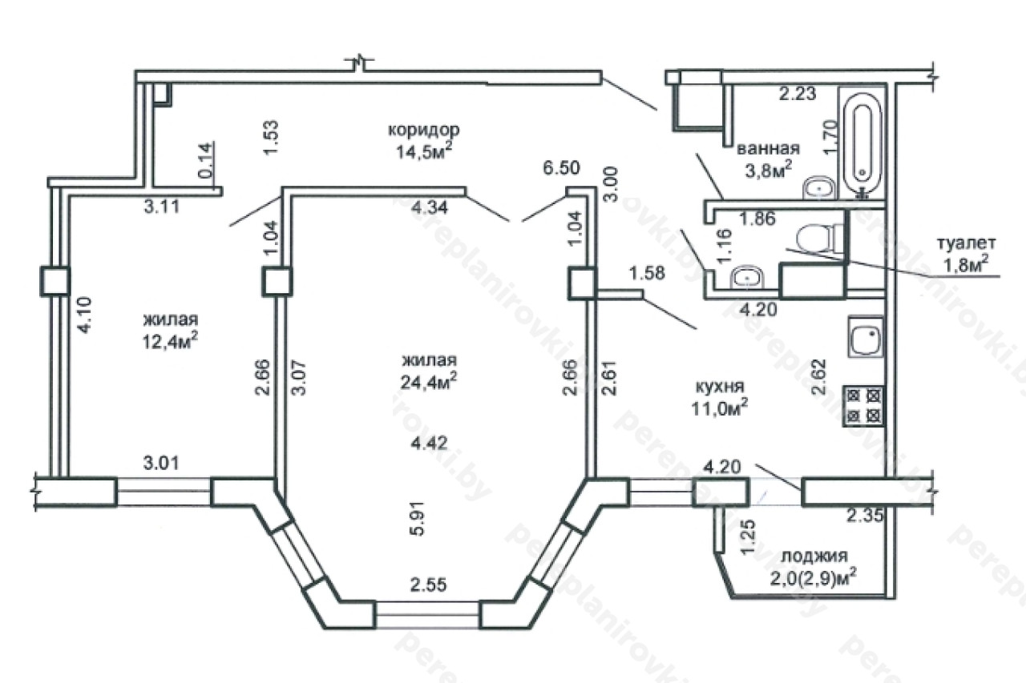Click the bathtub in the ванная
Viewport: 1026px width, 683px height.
click(862, 143)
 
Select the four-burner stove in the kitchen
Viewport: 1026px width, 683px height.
click(864, 406)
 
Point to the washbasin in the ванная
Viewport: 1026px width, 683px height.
click(819, 188)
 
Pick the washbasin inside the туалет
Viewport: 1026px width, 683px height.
click(747, 277)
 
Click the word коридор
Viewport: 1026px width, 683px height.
click(424, 130)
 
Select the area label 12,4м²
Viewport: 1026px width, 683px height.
click(171, 341)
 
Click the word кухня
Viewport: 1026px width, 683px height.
click(720, 387)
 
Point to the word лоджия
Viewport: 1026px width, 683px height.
click(814, 556)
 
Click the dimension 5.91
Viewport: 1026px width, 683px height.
click(419, 518)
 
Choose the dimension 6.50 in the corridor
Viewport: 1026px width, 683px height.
click(562, 168)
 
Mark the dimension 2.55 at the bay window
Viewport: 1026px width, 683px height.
click(428, 585)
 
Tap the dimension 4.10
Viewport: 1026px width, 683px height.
click(85, 315)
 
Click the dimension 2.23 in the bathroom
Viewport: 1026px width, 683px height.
click(798, 94)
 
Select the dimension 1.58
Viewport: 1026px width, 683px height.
click(647, 273)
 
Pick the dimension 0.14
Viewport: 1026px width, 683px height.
click(205, 160)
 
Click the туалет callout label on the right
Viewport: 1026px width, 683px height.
click(965, 254)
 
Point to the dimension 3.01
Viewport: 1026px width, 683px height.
click(161, 463)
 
